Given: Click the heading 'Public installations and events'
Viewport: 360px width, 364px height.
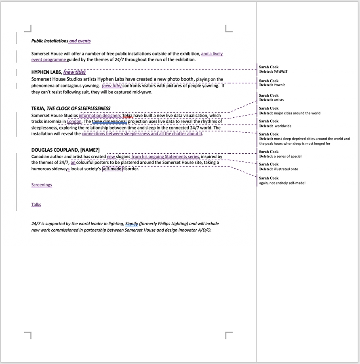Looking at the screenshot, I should [x=61, y=41].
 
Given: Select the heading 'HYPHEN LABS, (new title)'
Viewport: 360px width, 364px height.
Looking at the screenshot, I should [x=58, y=72].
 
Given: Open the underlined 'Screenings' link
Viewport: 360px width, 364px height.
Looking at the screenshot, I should [x=42, y=185].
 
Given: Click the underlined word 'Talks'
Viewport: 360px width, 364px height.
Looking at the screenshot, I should [x=36, y=205].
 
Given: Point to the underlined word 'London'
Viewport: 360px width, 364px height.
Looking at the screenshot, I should [x=74, y=121].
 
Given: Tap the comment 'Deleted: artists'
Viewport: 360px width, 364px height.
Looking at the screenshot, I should [x=271, y=100].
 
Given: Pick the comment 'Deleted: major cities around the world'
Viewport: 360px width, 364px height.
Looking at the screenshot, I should [x=289, y=113].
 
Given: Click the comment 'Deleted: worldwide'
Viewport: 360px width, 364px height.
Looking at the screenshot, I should [x=275, y=126].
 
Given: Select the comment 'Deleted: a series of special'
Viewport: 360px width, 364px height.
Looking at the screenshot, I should [x=280, y=156].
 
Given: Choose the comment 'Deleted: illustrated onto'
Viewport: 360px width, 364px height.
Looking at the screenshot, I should [x=278, y=169].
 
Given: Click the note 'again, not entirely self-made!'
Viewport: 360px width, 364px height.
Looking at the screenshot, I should [x=282, y=183].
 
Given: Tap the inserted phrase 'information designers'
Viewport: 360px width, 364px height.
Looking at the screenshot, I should [x=99, y=115].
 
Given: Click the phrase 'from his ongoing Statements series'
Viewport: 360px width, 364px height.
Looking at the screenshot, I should [x=165, y=157].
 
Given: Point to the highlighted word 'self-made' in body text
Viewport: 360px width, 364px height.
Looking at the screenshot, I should [x=112, y=169].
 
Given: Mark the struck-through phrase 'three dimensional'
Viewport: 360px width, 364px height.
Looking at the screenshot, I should [x=109, y=121].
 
